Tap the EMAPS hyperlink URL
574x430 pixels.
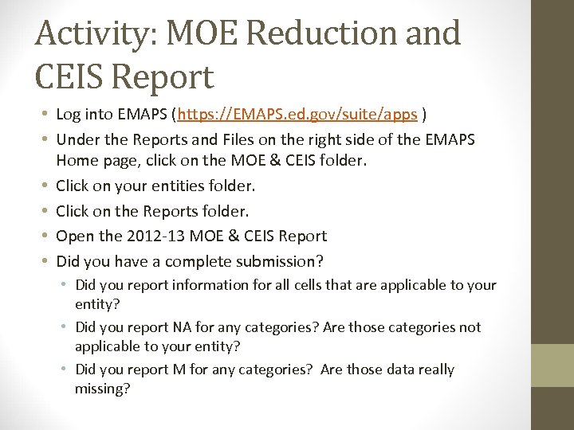[x=297, y=115]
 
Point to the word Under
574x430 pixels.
[x=78, y=140]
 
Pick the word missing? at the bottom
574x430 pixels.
[x=103, y=388]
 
